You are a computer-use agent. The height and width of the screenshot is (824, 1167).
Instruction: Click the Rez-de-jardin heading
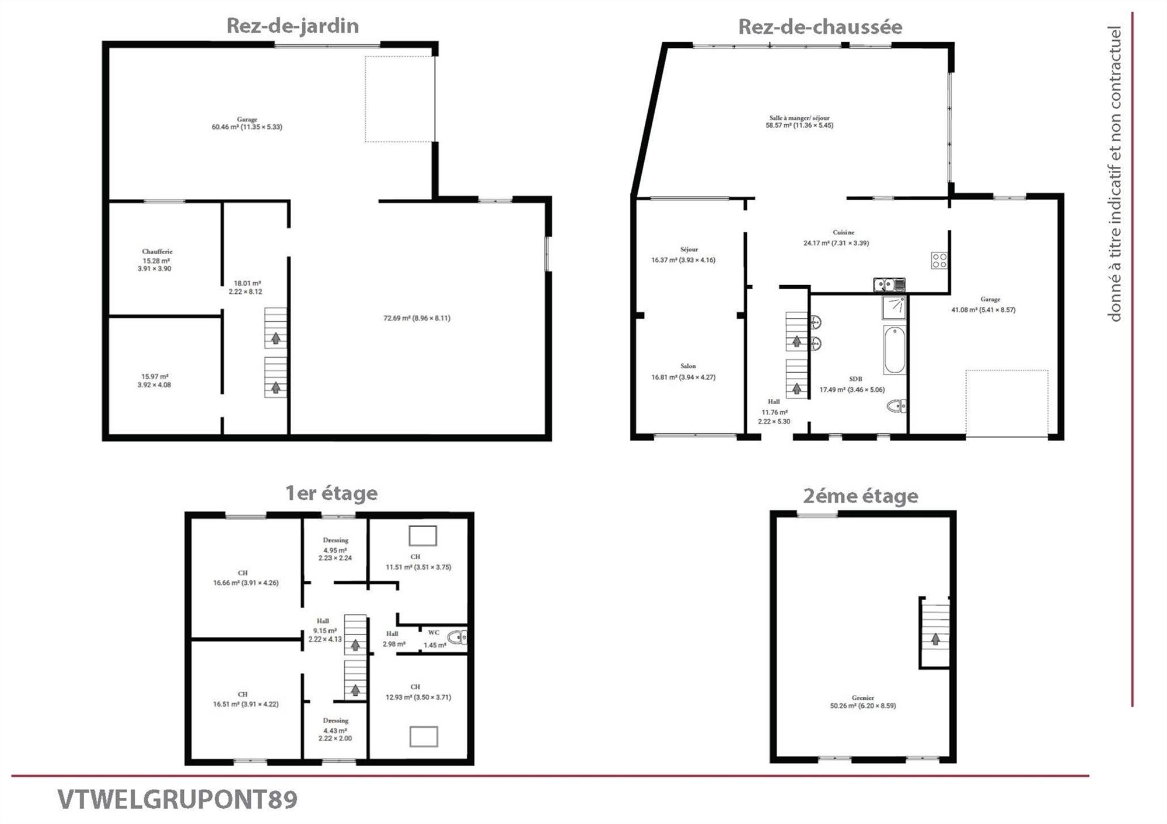[292, 26]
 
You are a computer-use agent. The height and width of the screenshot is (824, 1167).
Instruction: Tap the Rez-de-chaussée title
[820, 27]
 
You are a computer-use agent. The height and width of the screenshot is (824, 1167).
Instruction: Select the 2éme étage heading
[861, 496]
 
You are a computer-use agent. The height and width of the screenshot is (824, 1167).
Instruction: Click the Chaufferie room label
[157, 251]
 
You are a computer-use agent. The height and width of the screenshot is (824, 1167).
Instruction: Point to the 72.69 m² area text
[417, 318]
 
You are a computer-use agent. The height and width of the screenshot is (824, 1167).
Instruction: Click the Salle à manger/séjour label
[799, 118]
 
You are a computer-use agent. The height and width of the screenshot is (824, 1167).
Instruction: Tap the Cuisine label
[844, 232]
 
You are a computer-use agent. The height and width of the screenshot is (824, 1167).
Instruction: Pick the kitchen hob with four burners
[939, 260]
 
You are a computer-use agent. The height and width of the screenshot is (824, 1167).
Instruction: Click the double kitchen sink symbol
[889, 285]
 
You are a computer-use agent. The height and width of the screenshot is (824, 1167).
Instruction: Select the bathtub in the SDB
[895, 350]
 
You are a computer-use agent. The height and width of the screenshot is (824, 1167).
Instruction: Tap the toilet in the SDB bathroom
[897, 406]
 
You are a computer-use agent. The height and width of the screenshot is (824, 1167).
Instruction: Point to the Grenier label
[863, 697]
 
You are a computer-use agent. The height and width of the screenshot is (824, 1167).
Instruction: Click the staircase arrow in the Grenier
[935, 639]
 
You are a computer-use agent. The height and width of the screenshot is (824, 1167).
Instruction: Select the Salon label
[688, 366]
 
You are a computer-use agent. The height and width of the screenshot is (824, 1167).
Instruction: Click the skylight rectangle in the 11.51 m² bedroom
[423, 535]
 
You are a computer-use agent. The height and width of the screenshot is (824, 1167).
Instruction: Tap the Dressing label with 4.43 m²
[336, 721]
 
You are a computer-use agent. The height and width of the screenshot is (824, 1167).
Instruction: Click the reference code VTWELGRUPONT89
[177, 800]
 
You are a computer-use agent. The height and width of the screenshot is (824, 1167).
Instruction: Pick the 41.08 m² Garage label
[990, 299]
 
